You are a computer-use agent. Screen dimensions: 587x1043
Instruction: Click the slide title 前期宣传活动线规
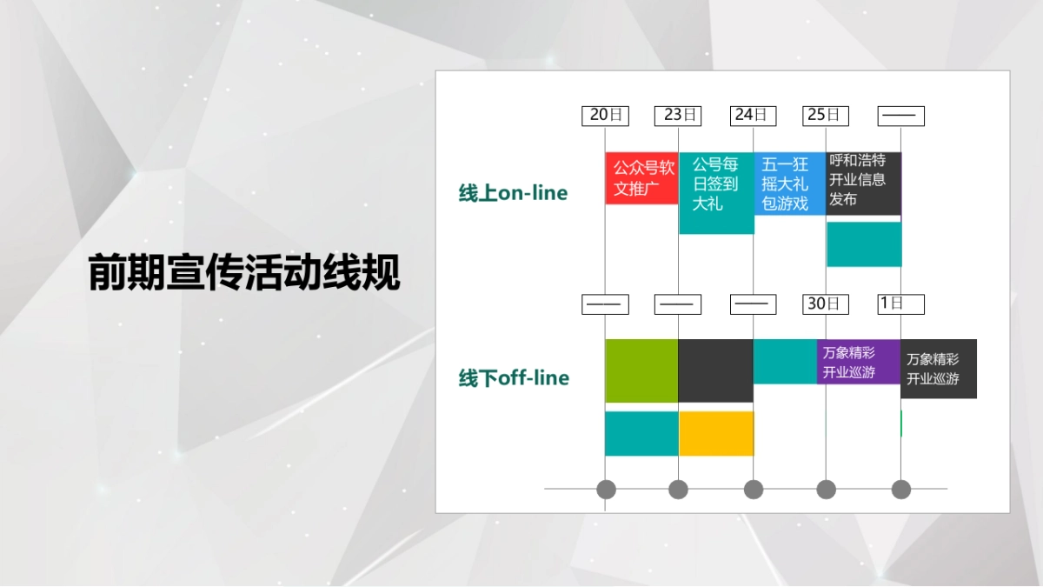point(244,273)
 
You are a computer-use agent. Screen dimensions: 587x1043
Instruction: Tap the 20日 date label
point(605,116)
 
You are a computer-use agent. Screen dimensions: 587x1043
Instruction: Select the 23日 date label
point(678,116)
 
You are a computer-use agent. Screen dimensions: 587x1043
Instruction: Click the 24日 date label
point(754,116)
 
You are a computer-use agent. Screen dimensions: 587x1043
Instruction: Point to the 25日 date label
point(826,116)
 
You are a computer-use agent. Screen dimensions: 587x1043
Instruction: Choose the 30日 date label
point(826,304)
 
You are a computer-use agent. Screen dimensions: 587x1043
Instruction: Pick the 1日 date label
point(900,304)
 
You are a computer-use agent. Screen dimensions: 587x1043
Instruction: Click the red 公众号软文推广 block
point(641,178)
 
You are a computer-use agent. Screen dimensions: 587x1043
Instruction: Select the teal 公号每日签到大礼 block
point(716,193)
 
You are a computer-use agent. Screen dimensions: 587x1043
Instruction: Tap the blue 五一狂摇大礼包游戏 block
point(789,183)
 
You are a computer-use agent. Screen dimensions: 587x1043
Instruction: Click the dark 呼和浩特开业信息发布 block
point(863,183)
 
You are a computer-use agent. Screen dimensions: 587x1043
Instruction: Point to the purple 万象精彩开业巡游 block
point(858,362)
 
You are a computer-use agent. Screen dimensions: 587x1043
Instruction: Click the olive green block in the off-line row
point(641,370)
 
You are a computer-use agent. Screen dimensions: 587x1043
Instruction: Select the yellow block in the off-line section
point(716,433)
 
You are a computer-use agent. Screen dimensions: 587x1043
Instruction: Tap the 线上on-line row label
point(513,193)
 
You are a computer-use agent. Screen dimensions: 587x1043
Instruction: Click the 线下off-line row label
point(514,378)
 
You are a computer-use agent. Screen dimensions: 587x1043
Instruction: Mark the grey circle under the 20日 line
point(606,490)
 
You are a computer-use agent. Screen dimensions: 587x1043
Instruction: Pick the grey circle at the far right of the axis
point(901,490)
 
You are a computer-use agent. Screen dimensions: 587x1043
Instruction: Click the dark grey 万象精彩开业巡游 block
point(939,369)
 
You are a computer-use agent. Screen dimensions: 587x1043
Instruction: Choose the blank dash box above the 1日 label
point(900,116)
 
